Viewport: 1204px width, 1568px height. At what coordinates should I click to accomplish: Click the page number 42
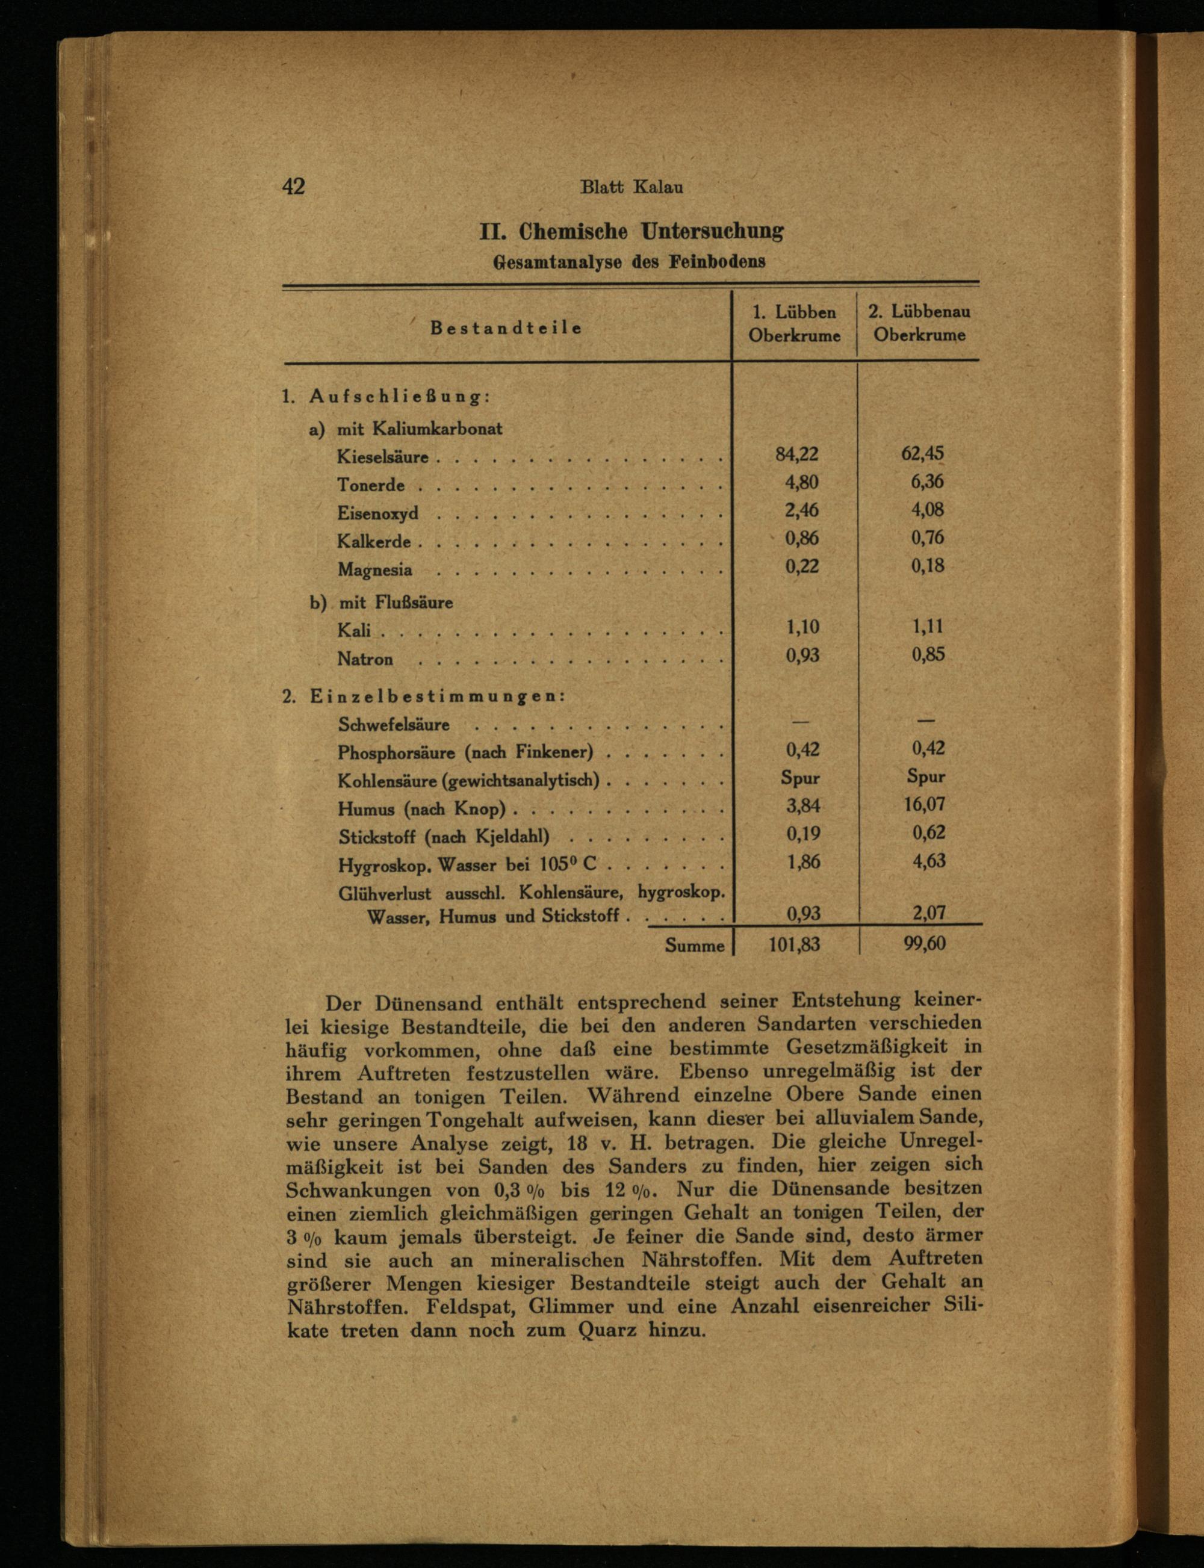point(294,187)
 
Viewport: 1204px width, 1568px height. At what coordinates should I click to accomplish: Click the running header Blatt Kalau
point(631,188)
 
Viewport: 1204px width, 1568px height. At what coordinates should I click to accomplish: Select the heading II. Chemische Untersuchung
point(631,232)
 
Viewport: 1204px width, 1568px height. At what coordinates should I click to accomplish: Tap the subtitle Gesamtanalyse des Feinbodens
point(629,262)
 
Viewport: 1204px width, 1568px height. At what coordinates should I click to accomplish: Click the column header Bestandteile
point(506,328)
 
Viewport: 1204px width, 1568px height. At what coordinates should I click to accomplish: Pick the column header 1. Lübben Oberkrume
point(794,324)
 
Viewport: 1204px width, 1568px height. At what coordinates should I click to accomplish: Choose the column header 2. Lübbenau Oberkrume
point(919,323)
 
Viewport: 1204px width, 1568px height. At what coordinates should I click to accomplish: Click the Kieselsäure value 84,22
point(796,454)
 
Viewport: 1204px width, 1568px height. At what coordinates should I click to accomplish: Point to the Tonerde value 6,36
point(927,481)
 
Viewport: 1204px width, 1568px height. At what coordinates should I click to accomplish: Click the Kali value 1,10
point(802,627)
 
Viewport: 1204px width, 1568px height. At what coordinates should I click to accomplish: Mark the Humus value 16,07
point(925,804)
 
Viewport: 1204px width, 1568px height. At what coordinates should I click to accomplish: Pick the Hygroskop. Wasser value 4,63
point(928,861)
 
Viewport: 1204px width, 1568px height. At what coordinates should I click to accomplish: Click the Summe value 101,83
point(794,944)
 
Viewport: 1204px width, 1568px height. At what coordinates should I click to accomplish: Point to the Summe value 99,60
point(925,944)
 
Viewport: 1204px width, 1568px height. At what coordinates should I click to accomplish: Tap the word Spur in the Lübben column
point(800,778)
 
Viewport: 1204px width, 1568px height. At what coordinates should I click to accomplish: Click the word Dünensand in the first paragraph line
point(429,1003)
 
